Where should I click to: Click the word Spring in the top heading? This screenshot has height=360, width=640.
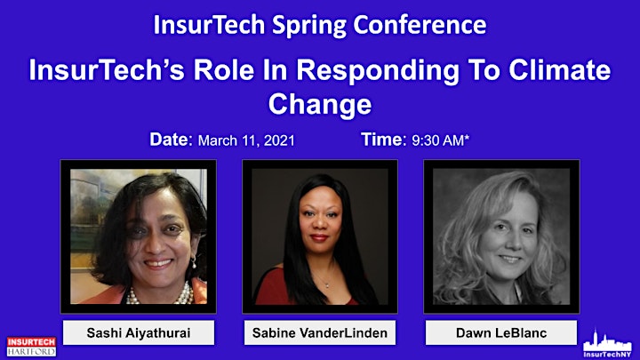[x=309, y=26]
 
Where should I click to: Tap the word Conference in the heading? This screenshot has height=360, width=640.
[x=420, y=25]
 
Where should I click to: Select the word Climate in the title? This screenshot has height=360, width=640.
[x=560, y=70]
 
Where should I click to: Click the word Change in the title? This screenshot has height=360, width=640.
[x=320, y=105]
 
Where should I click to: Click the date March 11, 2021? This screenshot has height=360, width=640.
[x=246, y=140]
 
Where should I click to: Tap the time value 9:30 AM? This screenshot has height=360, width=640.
[x=438, y=140]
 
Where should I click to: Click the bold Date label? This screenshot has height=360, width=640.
[x=171, y=140]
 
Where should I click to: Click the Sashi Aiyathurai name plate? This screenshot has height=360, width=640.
[x=139, y=332]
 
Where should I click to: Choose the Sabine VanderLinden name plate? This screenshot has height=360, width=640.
[x=320, y=332]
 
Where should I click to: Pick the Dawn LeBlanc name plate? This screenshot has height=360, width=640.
[x=501, y=332]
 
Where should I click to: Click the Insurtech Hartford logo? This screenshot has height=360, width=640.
[x=31, y=346]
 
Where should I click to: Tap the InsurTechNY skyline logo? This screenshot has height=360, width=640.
[x=607, y=344]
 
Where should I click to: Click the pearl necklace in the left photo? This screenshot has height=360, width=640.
[x=161, y=295]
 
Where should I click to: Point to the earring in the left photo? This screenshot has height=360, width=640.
[x=194, y=262]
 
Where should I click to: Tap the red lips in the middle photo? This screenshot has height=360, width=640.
[x=319, y=237]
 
